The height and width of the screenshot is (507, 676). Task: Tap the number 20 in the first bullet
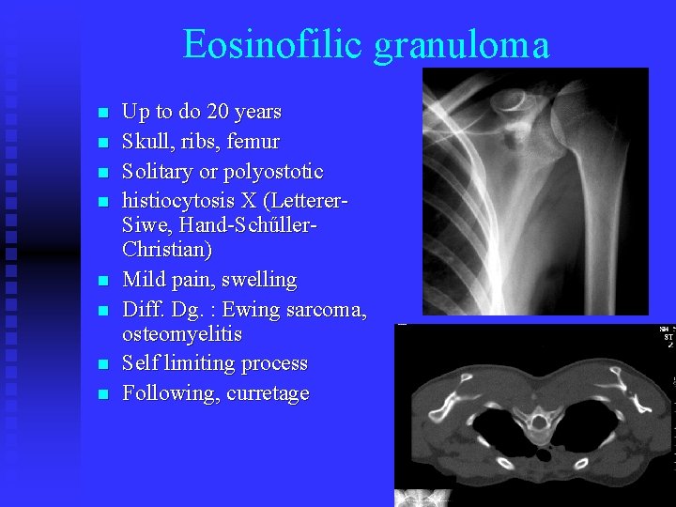point(219,112)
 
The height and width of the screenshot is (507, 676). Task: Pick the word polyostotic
point(274,173)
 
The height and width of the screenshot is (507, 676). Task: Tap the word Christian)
point(167,251)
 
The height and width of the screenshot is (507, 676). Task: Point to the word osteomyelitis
point(182,334)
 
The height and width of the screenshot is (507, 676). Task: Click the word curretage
point(268,393)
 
